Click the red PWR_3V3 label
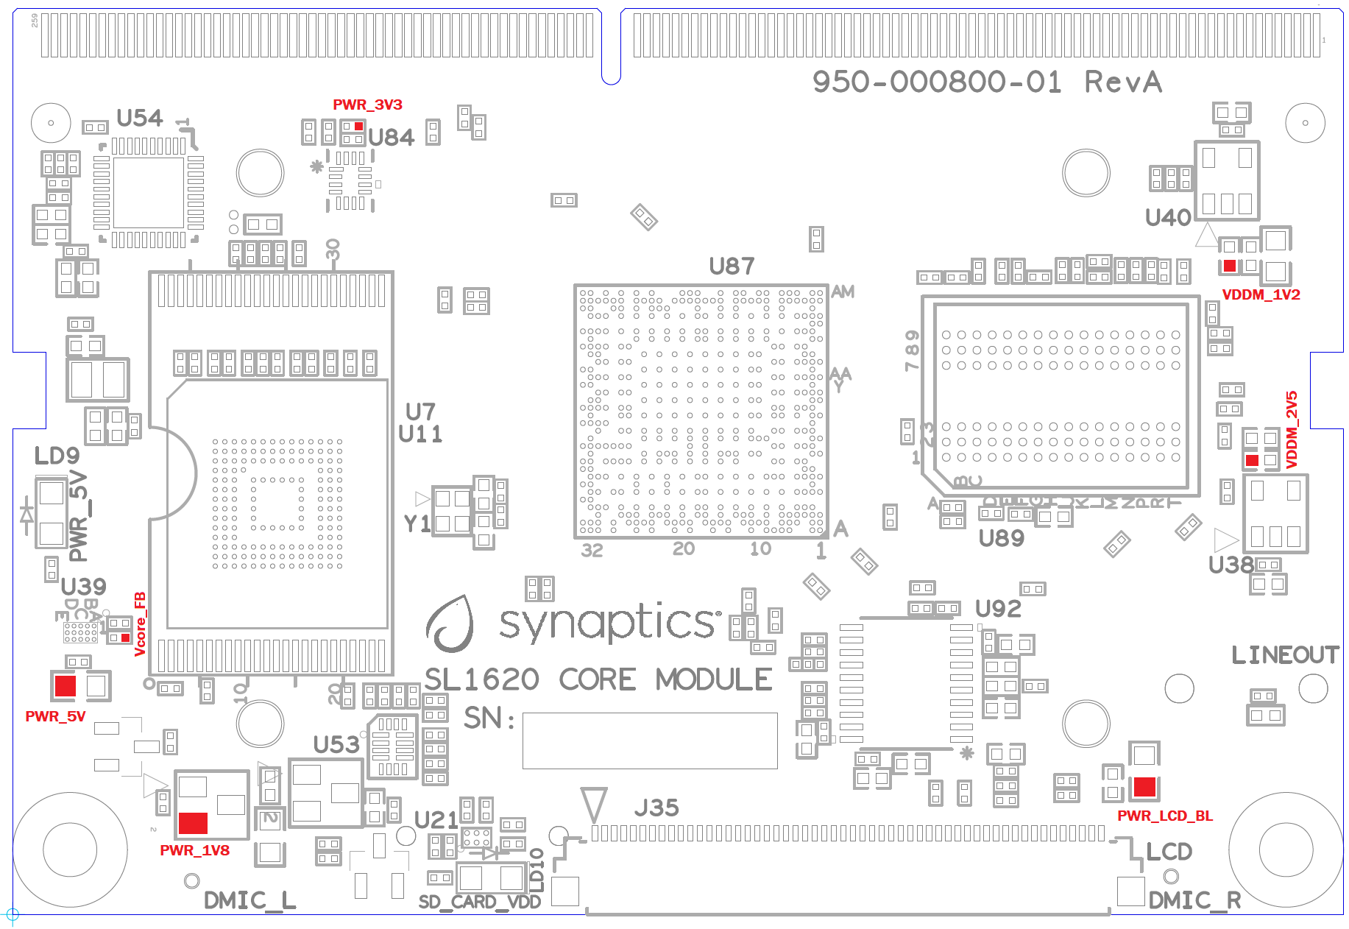(367, 105)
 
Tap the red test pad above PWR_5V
(65, 686)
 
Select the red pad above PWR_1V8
(193, 822)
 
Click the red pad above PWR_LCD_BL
(1144, 787)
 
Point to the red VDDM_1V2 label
(1261, 294)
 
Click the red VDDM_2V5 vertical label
(1292, 430)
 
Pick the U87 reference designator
(732, 266)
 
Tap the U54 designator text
(140, 118)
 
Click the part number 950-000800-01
(937, 82)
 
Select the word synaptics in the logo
(607, 623)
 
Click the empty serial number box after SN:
(650, 741)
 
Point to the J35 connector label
(656, 808)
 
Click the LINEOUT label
(1285, 654)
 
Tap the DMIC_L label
(249, 900)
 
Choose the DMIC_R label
(1194, 900)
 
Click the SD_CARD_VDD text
(480, 902)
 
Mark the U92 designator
(998, 609)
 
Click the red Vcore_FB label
(140, 624)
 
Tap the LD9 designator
(57, 456)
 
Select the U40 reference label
(1168, 217)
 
